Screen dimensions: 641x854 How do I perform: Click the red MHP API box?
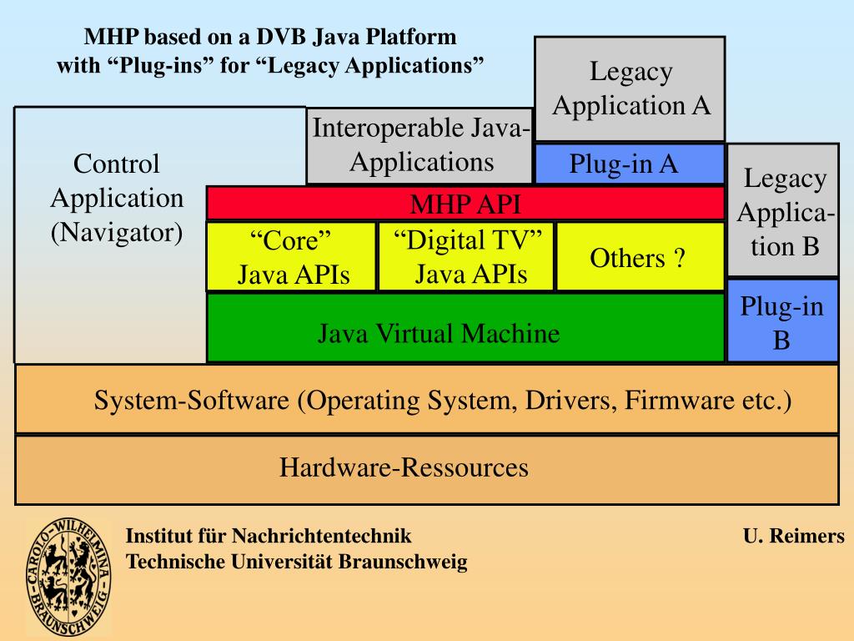coord(465,204)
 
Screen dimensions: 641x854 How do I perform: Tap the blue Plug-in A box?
coord(630,164)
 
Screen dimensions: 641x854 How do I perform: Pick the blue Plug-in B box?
coord(782,322)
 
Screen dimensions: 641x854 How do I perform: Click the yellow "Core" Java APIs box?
coord(292,256)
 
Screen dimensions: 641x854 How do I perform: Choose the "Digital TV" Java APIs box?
coord(466,256)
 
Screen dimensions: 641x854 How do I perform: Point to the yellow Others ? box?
coord(639,258)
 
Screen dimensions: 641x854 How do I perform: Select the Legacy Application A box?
coord(630,88)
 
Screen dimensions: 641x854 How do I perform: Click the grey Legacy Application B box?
coord(783,211)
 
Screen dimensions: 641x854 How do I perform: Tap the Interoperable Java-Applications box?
coord(419,145)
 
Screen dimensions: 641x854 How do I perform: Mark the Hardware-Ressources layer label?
coord(404,467)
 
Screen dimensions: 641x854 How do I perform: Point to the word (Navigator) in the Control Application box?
coord(117,232)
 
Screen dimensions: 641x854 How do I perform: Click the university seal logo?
coord(68,577)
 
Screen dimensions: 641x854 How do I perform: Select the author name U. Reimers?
coord(793,537)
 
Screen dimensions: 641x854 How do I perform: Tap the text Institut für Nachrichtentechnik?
coord(269,537)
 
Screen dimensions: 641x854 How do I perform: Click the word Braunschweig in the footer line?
coord(403,562)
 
